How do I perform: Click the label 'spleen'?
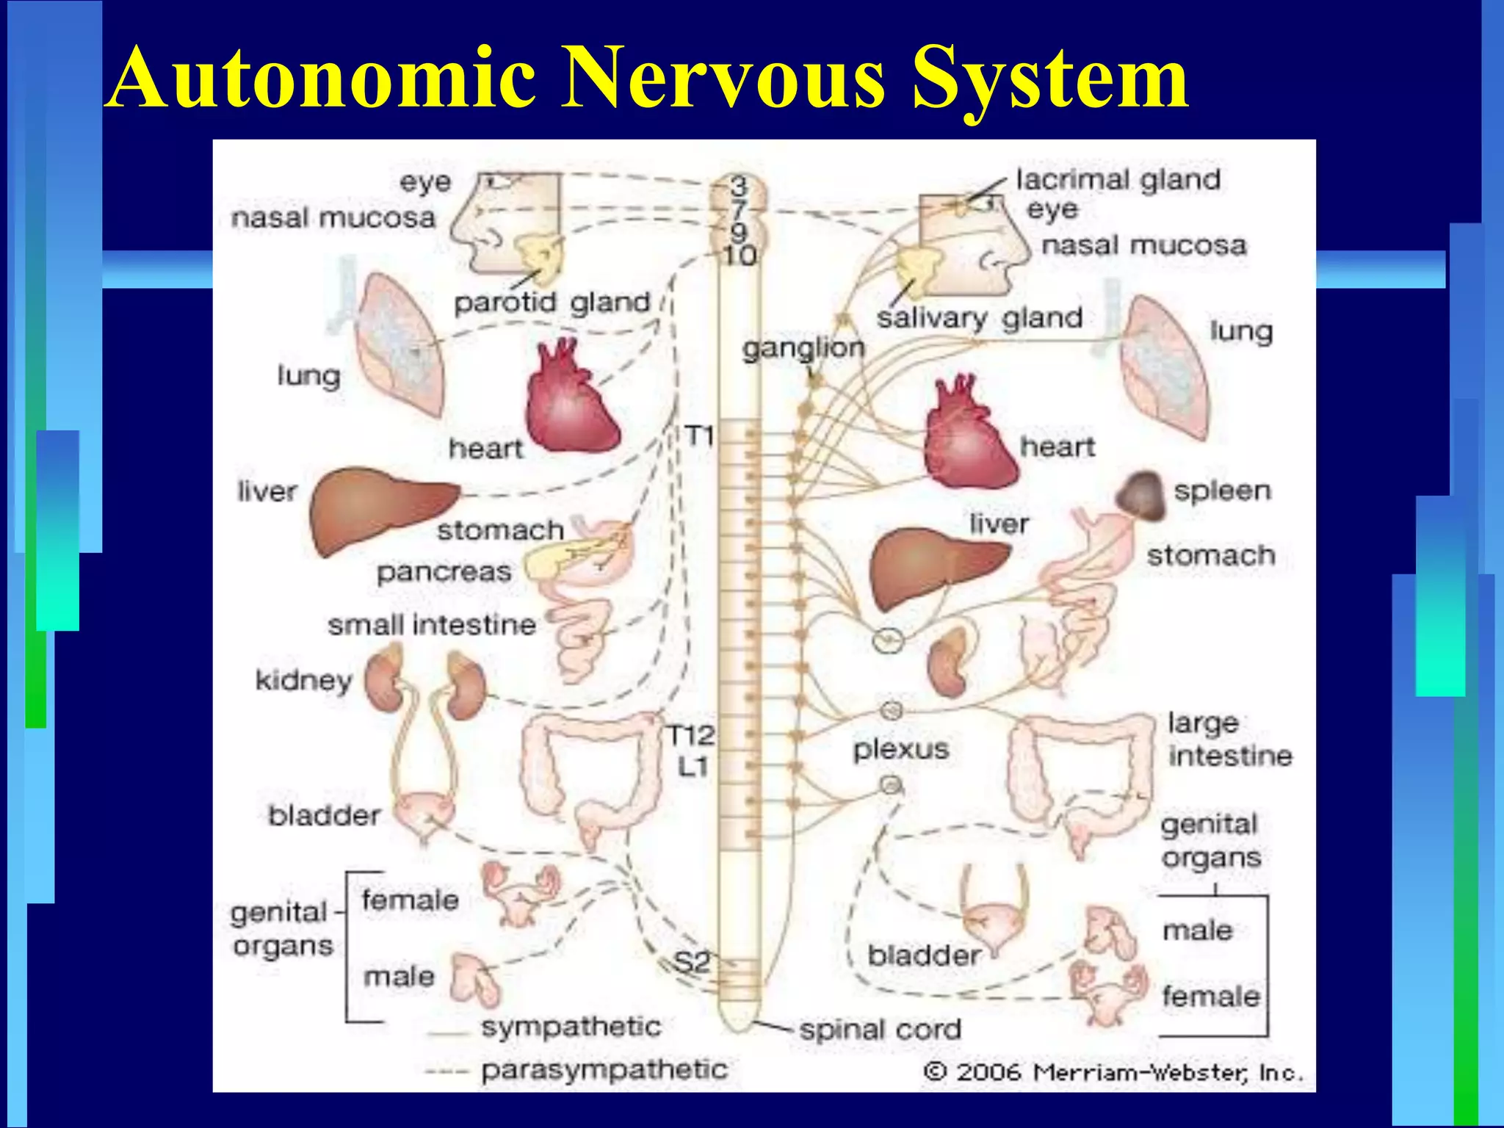pyautogui.click(x=1222, y=491)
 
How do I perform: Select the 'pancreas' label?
pyautogui.click(x=444, y=571)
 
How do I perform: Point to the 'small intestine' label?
pyautogui.click(x=432, y=625)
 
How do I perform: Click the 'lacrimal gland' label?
pyautogui.click(x=1118, y=179)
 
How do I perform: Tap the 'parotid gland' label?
pyautogui.click(x=552, y=302)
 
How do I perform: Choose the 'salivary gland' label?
pyautogui.click(x=980, y=318)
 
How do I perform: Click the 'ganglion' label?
pyautogui.click(x=803, y=347)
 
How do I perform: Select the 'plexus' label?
pyautogui.click(x=901, y=749)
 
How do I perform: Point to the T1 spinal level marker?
pyautogui.click(x=699, y=436)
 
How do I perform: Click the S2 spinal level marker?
pyautogui.click(x=692, y=961)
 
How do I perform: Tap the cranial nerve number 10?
pyautogui.click(x=740, y=256)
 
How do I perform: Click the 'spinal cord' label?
pyautogui.click(x=880, y=1029)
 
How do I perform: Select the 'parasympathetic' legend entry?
pyautogui.click(x=604, y=1069)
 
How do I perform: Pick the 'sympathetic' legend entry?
pyautogui.click(x=571, y=1026)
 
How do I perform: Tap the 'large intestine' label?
pyautogui.click(x=1229, y=739)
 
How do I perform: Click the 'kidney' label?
pyautogui.click(x=303, y=680)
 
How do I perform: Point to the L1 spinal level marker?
pyautogui.click(x=692, y=767)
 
